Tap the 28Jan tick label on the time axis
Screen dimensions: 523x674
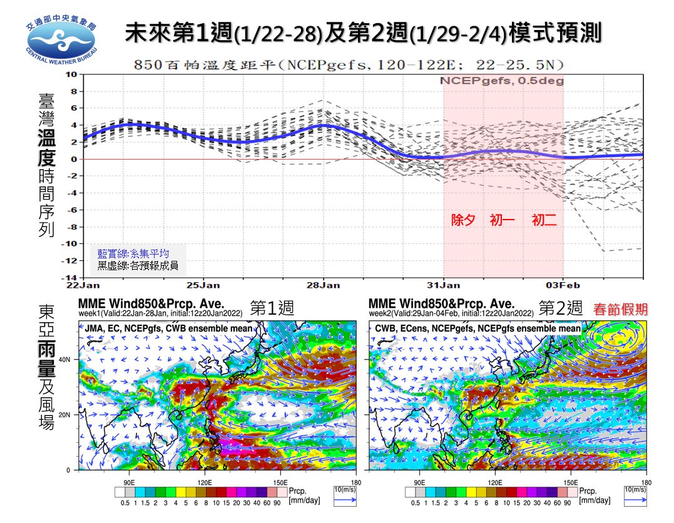pos(324,285)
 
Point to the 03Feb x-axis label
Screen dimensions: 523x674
pos(563,285)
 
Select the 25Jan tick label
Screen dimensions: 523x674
pos(204,285)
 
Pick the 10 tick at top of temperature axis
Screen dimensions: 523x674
pos(71,74)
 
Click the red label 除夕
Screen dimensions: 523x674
pos(463,221)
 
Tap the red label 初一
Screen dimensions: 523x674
pos(503,221)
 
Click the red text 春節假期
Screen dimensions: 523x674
pos(620,308)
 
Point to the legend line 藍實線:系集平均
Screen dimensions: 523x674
pos(133,253)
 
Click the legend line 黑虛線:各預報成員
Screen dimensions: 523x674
pos(137,265)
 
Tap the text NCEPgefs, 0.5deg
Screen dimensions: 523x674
pos(501,81)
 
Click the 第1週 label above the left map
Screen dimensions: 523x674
pos(272,308)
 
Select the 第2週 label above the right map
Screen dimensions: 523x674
pos(561,308)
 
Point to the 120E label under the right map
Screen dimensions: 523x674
pos(495,483)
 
